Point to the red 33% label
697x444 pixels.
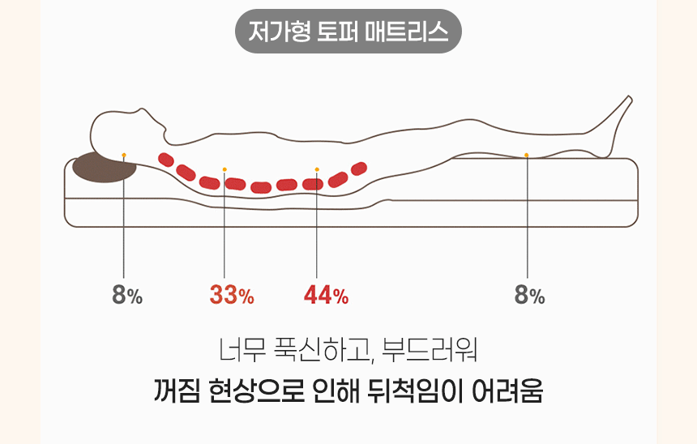coord(232,296)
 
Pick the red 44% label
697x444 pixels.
coord(326,296)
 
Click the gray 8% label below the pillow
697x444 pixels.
coord(127,296)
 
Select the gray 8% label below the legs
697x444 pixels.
coord(529,296)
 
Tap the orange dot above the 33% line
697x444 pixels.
coord(224,169)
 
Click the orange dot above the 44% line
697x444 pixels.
coord(317,169)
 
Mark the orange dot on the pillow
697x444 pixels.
coord(123,153)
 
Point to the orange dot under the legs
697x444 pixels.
coord(527,154)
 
